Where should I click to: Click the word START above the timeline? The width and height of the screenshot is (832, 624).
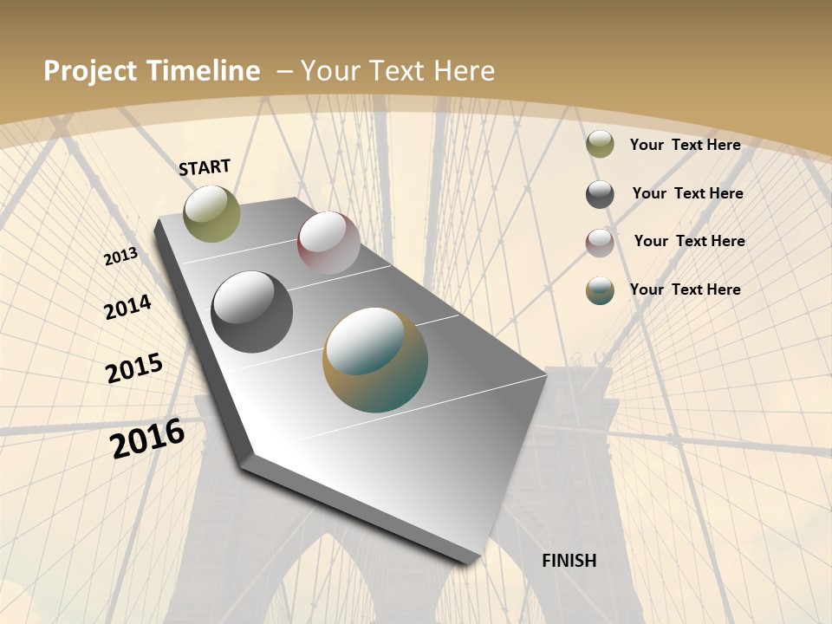point(205,167)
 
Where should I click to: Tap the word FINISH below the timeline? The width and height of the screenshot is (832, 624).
point(569,561)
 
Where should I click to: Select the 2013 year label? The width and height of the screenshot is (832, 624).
point(120,257)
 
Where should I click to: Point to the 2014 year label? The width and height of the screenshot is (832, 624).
point(127,308)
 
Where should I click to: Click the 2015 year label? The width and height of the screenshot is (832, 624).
point(134,367)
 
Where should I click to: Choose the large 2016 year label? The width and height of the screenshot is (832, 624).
point(147,439)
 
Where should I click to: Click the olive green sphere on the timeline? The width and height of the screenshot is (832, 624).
point(211,213)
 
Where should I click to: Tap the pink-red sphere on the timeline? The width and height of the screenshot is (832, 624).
point(328,243)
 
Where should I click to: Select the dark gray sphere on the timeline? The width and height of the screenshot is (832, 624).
point(252,312)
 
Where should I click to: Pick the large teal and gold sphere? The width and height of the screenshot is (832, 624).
point(375,360)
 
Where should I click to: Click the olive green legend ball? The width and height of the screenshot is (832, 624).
point(600,145)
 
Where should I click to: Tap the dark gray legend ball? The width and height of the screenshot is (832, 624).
point(600,194)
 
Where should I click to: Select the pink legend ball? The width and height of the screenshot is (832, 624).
point(600,243)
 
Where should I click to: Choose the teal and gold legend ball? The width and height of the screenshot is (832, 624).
point(600,290)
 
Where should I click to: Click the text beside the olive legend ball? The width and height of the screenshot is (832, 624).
point(685,145)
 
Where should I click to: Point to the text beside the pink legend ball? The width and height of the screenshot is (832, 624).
point(689,241)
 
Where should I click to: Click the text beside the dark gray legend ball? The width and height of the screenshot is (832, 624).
point(687,193)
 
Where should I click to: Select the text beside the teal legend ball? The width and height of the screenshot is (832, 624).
point(685,289)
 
